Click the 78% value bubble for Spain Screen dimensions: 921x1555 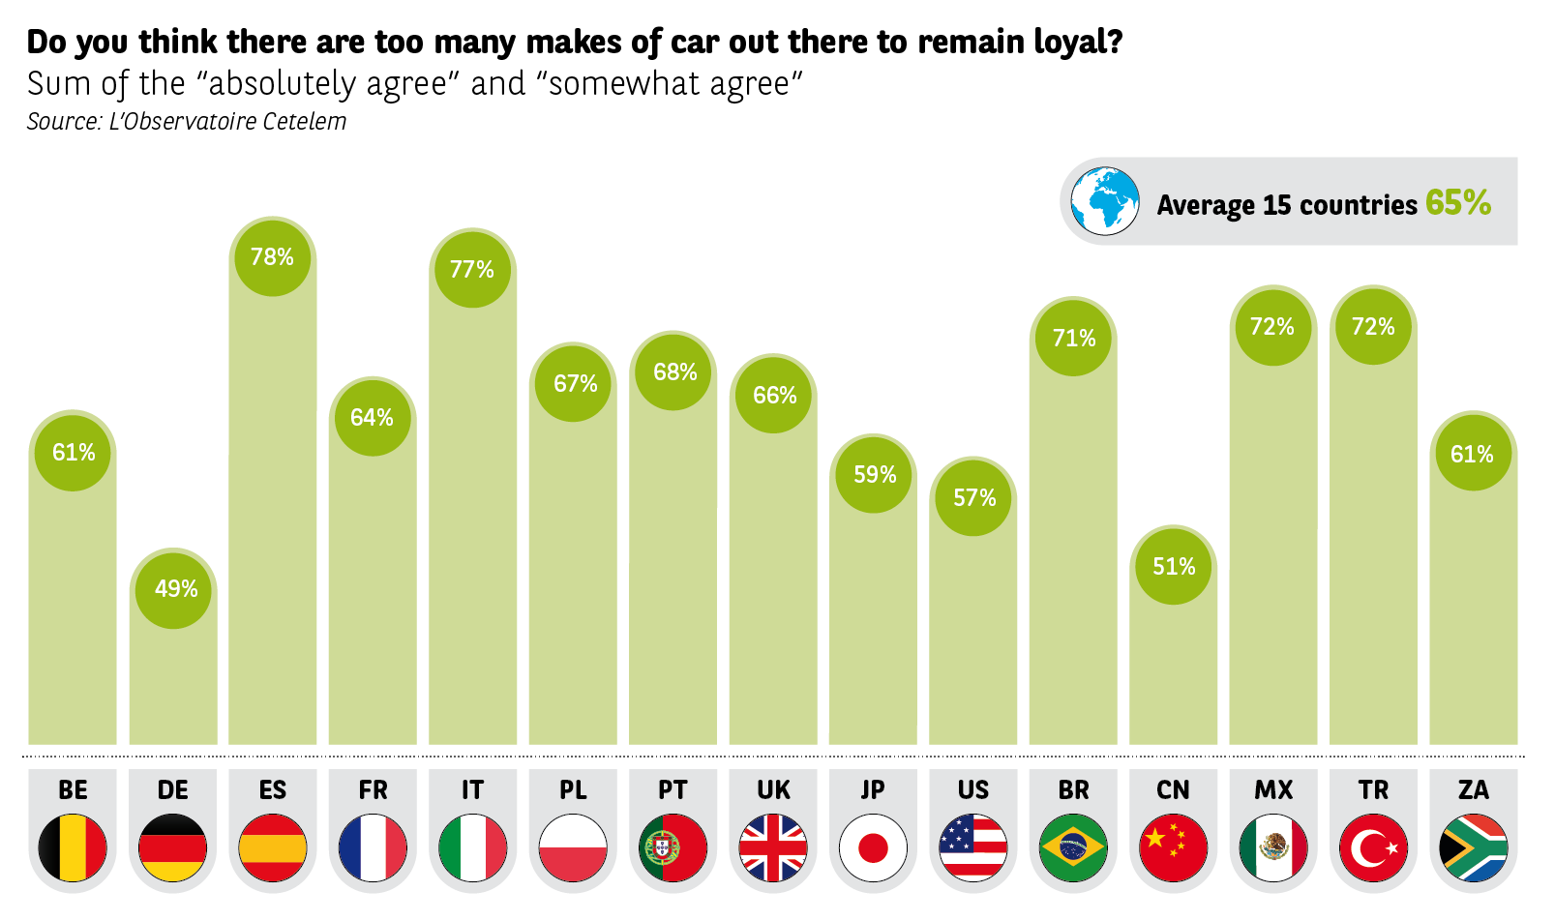272,256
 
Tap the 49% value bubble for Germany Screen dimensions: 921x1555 174,588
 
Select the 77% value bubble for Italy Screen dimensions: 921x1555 472,269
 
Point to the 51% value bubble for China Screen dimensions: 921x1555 1173,566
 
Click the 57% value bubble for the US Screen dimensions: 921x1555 973,497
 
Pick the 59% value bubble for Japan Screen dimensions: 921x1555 874,474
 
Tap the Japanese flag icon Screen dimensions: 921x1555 873,848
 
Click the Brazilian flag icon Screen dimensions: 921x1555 1073,848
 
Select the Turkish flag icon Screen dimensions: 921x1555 1373,848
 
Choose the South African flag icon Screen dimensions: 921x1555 1473,848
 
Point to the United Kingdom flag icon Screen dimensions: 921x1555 772,848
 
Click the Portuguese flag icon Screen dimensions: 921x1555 673,848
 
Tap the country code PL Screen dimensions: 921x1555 573,790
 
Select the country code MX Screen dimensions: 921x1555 1273,790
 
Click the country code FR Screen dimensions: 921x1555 373,790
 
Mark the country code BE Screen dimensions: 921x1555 73,790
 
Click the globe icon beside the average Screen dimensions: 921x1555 1105,201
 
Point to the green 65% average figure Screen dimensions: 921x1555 1457,202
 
